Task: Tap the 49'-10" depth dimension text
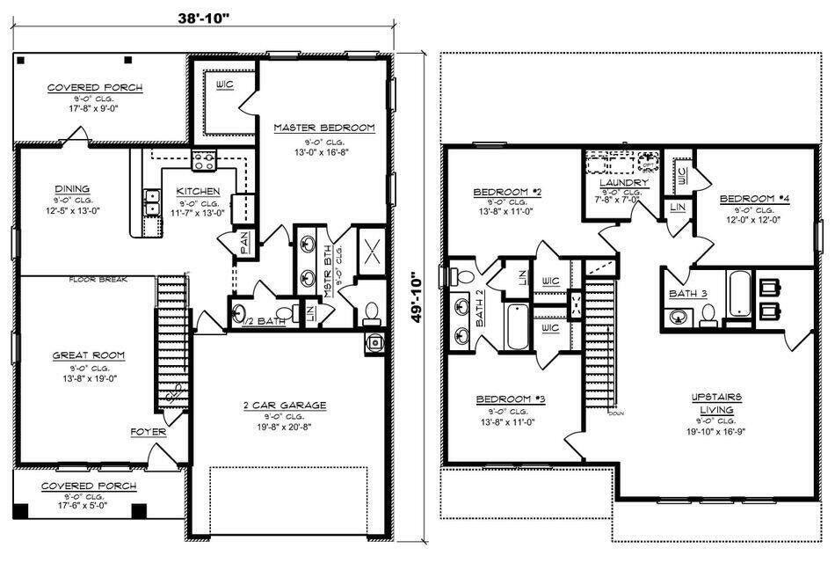tap(425, 296)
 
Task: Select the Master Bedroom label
tap(323, 128)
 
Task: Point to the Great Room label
tap(90, 355)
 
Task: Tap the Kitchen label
tap(198, 191)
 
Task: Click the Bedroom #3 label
tap(512, 399)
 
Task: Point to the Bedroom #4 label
tap(754, 199)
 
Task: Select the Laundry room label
tap(624, 182)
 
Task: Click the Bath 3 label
tap(687, 293)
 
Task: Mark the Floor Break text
tap(99, 280)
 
